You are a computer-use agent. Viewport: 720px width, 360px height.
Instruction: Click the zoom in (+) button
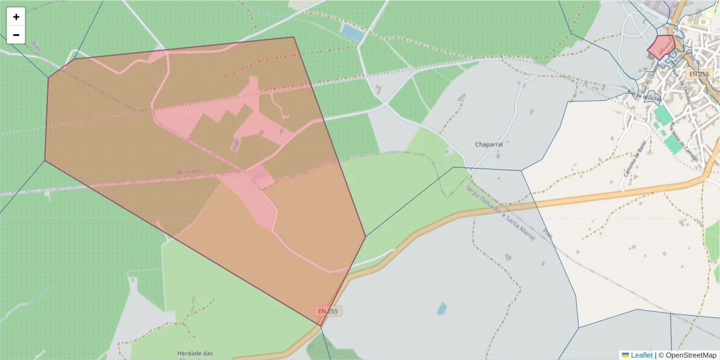coord(16,17)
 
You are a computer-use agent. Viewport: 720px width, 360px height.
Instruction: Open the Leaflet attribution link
coord(641,355)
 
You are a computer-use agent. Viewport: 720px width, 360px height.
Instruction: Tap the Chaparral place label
coord(488,145)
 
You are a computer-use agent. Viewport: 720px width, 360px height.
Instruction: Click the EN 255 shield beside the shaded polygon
coord(328,311)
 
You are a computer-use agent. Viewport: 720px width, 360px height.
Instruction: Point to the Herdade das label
coord(195,353)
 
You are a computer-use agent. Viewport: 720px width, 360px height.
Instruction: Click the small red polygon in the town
coord(662,46)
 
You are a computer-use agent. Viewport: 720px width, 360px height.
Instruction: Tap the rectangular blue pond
coord(352,32)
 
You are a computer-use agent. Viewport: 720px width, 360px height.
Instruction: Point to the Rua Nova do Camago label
coord(678,131)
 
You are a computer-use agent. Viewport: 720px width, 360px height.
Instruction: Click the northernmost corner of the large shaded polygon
coord(293,37)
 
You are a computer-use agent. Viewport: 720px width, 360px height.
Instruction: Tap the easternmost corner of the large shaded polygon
coord(365,236)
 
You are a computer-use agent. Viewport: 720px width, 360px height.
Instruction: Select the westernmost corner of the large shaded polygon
coord(45,161)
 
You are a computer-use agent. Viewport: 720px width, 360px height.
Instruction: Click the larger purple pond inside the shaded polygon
coord(236,144)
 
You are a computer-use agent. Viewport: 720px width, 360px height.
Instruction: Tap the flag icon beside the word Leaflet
coord(625,355)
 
